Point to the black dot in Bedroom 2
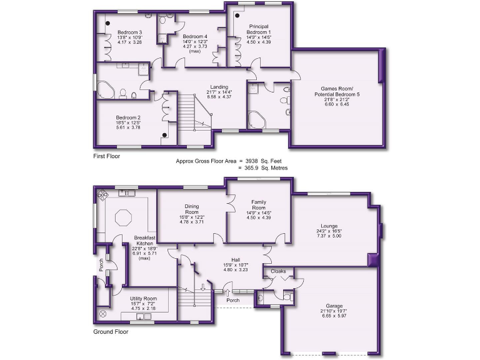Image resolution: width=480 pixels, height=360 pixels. (164, 134)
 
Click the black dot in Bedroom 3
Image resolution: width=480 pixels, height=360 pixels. (108, 24)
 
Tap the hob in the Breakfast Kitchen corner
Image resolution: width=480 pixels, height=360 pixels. (101, 194)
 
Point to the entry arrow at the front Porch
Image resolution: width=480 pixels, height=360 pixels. (227, 291)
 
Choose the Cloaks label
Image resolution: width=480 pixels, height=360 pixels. (279, 272)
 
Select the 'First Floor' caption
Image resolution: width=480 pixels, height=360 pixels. (106, 156)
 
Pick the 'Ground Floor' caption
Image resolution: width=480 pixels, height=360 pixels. (111, 332)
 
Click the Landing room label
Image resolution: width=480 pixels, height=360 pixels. (219, 87)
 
